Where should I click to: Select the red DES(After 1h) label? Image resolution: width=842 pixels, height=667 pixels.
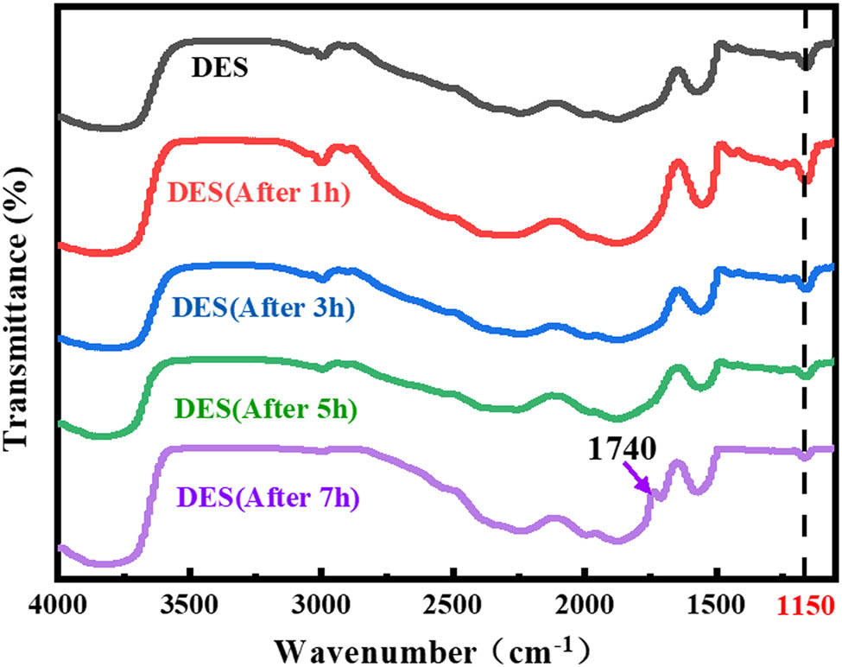[x=259, y=191]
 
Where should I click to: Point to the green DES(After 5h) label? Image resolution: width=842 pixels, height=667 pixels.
[x=265, y=408]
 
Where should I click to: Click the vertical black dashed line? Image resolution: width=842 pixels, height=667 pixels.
[x=805, y=259]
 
